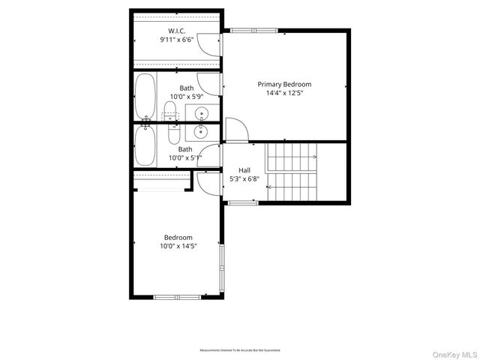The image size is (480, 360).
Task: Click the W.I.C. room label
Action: (x=177, y=31)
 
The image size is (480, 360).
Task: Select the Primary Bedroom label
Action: (x=284, y=84)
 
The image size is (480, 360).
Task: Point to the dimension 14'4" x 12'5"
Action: (x=284, y=94)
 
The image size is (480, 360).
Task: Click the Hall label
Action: (x=244, y=170)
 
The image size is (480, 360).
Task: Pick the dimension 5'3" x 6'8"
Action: (x=244, y=180)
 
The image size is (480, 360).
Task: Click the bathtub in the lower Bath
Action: (x=145, y=145)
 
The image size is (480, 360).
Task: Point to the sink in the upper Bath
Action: (x=202, y=114)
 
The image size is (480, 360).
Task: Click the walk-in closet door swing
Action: (x=209, y=45)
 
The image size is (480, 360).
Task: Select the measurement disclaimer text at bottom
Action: (x=239, y=350)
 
